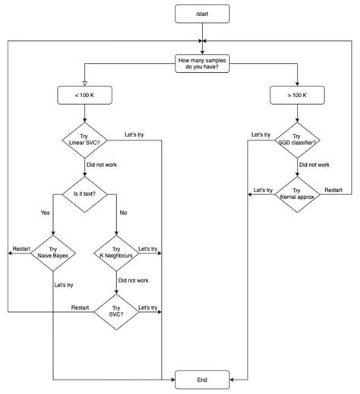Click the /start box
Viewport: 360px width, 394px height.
tap(201, 13)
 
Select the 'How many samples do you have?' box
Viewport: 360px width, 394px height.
tap(201, 64)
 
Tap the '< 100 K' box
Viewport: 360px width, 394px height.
tap(86, 95)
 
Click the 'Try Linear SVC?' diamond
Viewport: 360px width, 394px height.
tap(86, 139)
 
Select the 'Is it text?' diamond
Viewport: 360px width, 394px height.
tap(86, 194)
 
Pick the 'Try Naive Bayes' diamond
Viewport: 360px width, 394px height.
tap(52, 253)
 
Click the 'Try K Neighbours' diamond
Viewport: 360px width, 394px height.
tap(116, 253)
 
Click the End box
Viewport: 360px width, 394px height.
tap(201, 378)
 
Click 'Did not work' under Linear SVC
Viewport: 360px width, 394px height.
tap(103, 164)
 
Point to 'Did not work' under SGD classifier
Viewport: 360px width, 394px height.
tap(314, 164)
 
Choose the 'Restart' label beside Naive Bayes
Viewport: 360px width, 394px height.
tap(21, 248)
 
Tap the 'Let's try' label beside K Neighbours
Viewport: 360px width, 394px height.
tap(148, 248)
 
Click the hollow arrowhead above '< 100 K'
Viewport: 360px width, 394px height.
tap(86, 82)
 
